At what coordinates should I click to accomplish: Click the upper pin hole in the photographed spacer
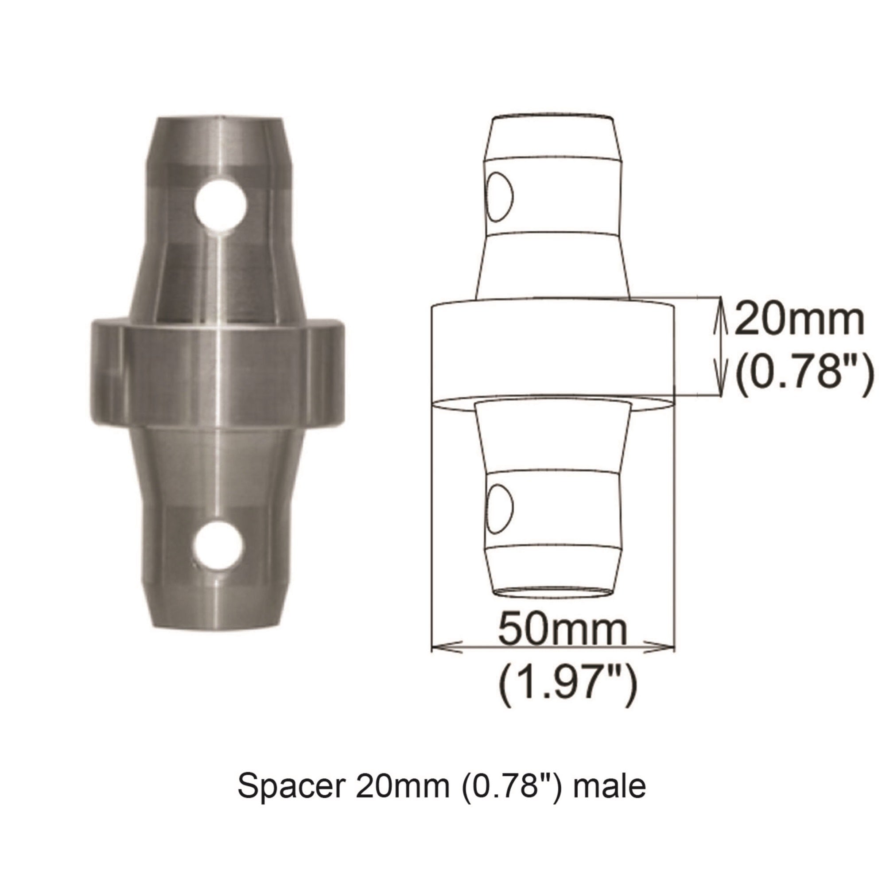221,203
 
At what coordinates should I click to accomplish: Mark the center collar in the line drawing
552,349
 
